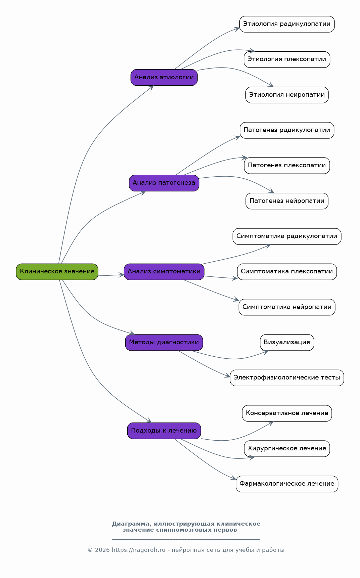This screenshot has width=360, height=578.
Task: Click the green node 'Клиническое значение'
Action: [57, 272]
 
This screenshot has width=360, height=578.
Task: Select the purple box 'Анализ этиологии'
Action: [164, 78]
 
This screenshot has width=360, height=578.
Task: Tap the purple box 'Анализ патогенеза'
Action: [164, 183]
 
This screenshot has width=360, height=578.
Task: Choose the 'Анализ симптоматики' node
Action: [164, 272]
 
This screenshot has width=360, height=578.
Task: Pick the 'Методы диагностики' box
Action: [164, 343]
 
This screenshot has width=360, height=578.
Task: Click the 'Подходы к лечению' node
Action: [164, 431]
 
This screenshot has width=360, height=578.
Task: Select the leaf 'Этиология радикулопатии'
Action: [287, 24]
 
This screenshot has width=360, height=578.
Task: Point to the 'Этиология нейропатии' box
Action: [287, 95]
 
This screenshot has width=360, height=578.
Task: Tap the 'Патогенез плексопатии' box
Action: [287, 166]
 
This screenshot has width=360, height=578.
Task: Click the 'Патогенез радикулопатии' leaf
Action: [287, 130]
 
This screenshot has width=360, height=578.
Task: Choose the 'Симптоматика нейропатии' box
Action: [287, 307]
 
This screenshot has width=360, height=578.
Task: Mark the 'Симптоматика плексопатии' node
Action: [287, 272]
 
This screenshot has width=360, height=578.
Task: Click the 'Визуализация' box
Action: [287, 343]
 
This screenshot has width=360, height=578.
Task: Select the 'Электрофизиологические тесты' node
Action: [287, 378]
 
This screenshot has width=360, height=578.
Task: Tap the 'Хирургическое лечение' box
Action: [287, 449]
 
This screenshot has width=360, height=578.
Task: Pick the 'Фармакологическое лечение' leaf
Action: [287, 484]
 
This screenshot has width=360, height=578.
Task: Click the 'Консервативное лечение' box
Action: [287, 413]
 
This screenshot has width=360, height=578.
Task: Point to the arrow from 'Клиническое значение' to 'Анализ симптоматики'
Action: [111, 275]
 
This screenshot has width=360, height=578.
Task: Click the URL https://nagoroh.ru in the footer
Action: [139, 550]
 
